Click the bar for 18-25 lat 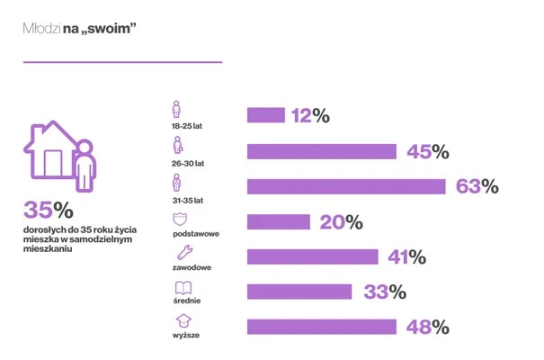265,115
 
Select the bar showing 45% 322,151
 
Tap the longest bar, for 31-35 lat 346,186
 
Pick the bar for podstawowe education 278,221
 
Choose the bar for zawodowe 312,256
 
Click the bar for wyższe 321,327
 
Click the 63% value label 477,186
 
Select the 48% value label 426,327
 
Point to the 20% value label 341,221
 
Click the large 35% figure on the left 48,211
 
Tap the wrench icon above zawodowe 181,253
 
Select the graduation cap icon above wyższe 183,321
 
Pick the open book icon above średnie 183,287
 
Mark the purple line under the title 121,62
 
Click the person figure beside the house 85,166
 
